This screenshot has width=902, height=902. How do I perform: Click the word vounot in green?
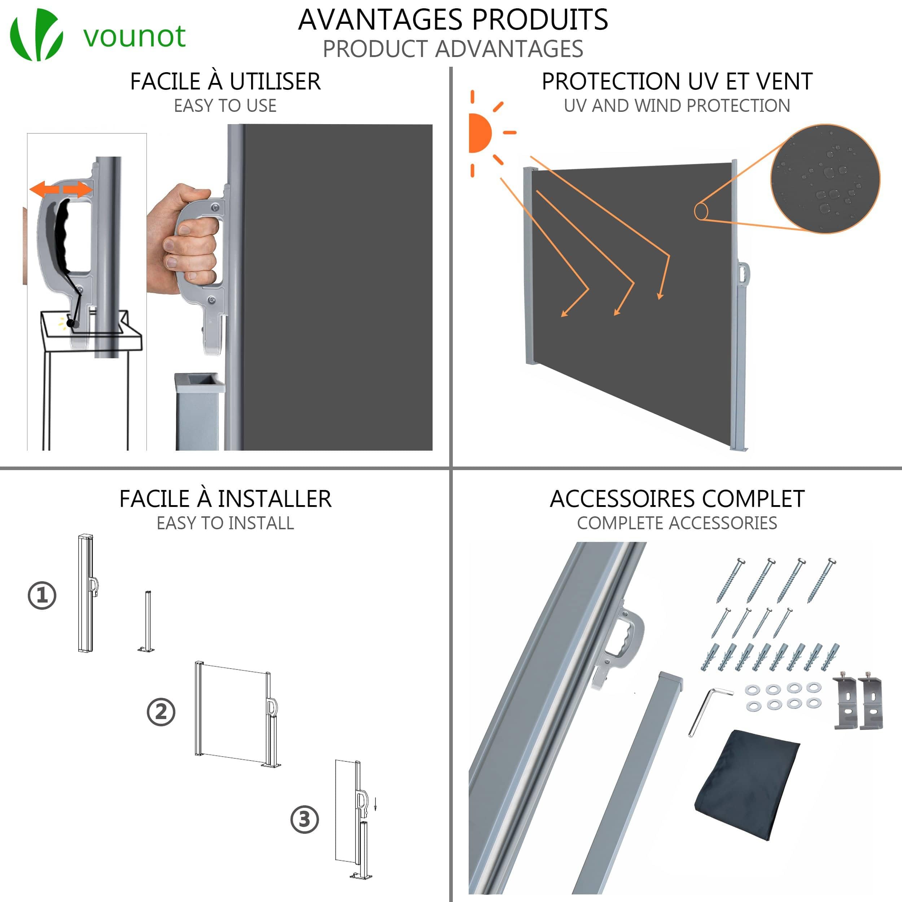[135, 36]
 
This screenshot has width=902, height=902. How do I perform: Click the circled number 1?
[42, 595]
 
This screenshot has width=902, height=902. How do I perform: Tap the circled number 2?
[161, 712]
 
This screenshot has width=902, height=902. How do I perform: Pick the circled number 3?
[305, 819]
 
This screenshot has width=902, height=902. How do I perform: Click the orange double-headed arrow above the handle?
[61, 189]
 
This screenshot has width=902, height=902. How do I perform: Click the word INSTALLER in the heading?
[275, 499]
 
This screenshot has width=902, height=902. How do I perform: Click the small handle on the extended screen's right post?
[743, 273]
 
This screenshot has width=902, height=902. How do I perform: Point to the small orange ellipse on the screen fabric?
[701, 211]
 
